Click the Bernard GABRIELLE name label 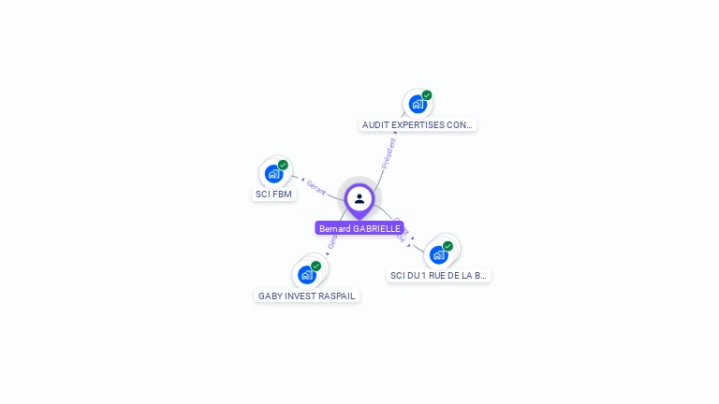[x=359, y=228]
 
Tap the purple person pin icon [x=359, y=198]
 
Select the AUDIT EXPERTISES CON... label [x=418, y=124]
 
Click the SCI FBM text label [x=273, y=195]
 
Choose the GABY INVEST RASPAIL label [x=306, y=296]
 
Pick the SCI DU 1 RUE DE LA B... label [x=439, y=276]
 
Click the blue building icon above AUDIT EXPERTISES [x=418, y=104]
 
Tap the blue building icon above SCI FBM [x=273, y=173]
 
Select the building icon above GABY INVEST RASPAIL [x=306, y=275]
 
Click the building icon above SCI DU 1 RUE [x=438, y=254]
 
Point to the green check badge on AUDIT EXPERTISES [x=427, y=95]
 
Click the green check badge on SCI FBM [x=283, y=165]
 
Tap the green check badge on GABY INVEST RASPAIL [x=316, y=267]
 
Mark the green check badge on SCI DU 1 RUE [x=448, y=246]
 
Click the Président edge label [x=389, y=152]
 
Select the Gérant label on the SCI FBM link [x=316, y=188]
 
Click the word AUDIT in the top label [x=374, y=124]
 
